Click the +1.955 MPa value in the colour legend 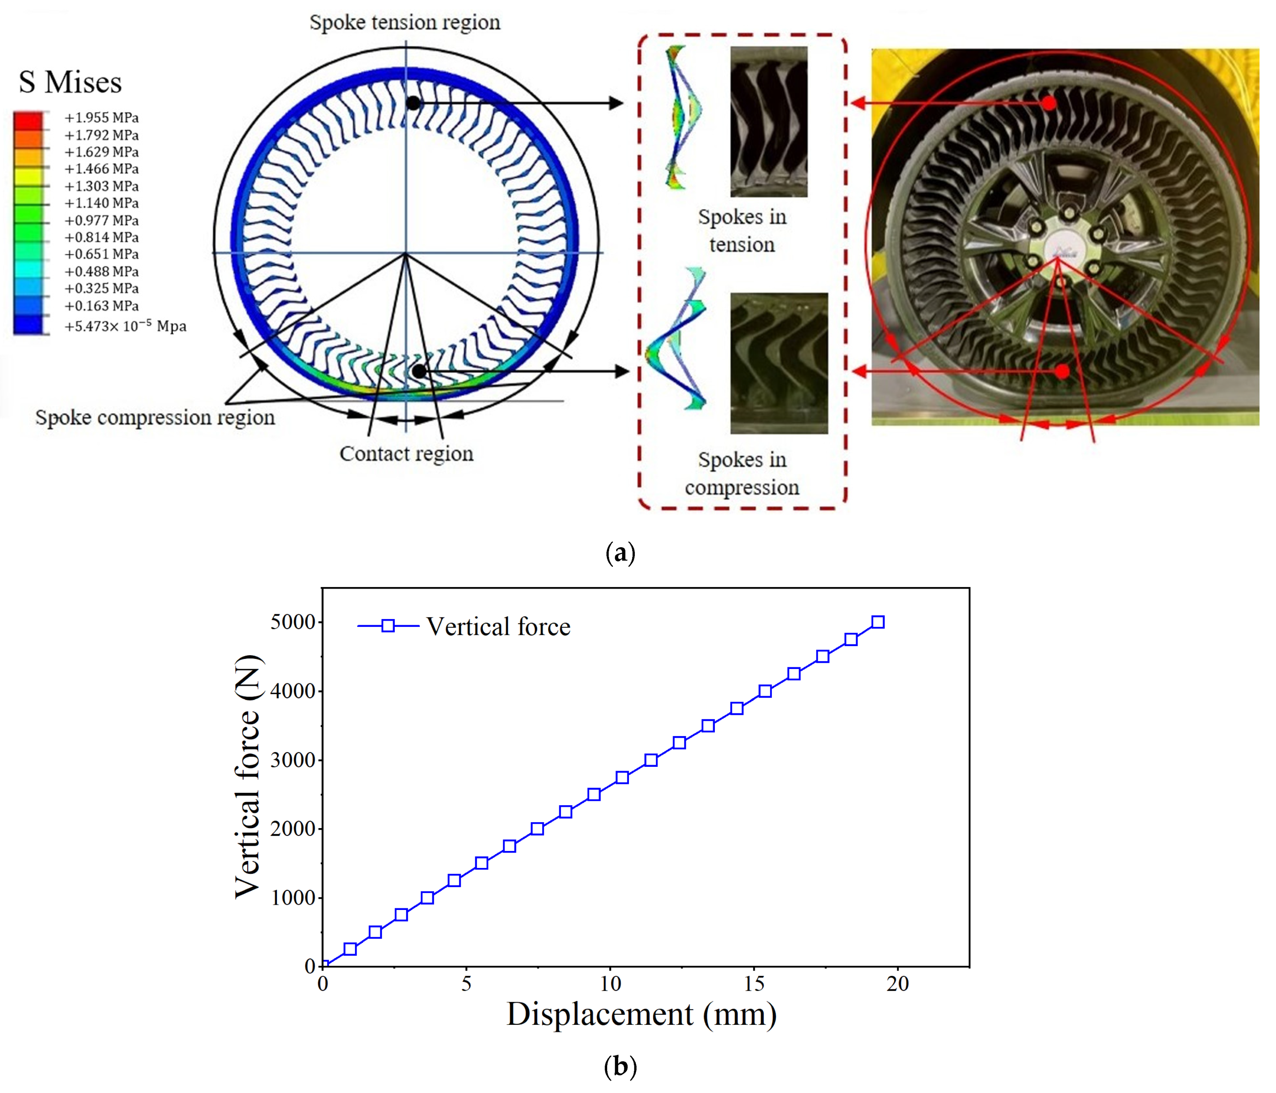(x=101, y=118)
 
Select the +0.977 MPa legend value (x=101, y=220)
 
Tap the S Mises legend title (x=70, y=83)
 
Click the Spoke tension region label (x=405, y=23)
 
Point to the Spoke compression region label (x=154, y=417)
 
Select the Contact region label (x=406, y=454)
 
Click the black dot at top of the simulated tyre (x=413, y=103)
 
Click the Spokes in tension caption (x=742, y=231)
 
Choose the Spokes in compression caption (x=742, y=474)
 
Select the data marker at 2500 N (x=594, y=794)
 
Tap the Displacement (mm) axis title (x=641, y=1015)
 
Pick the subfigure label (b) (x=620, y=1067)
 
